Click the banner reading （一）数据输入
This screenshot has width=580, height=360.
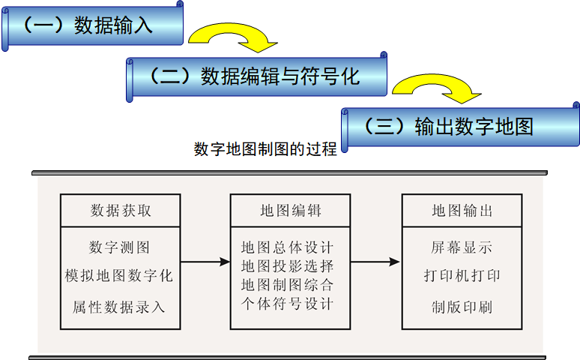[94, 25]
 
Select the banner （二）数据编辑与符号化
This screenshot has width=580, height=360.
[257, 76]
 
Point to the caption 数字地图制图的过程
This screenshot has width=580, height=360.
[265, 148]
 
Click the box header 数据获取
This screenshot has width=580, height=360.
[121, 211]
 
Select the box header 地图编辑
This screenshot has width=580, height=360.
[290, 211]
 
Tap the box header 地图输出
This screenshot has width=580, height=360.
[462, 211]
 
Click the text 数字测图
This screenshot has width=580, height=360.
[120, 247]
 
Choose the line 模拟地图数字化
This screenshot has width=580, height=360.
[120, 276]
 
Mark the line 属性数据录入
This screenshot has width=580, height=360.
[120, 307]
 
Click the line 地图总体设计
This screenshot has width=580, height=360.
[288, 247]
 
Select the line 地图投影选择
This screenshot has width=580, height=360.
[288, 266]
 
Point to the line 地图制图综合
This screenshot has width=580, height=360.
[288, 285]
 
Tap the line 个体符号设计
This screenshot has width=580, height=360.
[288, 304]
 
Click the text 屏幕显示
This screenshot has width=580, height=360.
[462, 247]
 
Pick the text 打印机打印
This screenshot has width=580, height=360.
[462, 276]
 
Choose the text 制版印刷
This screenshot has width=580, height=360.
[462, 307]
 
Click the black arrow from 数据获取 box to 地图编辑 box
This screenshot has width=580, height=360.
[205, 262]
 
